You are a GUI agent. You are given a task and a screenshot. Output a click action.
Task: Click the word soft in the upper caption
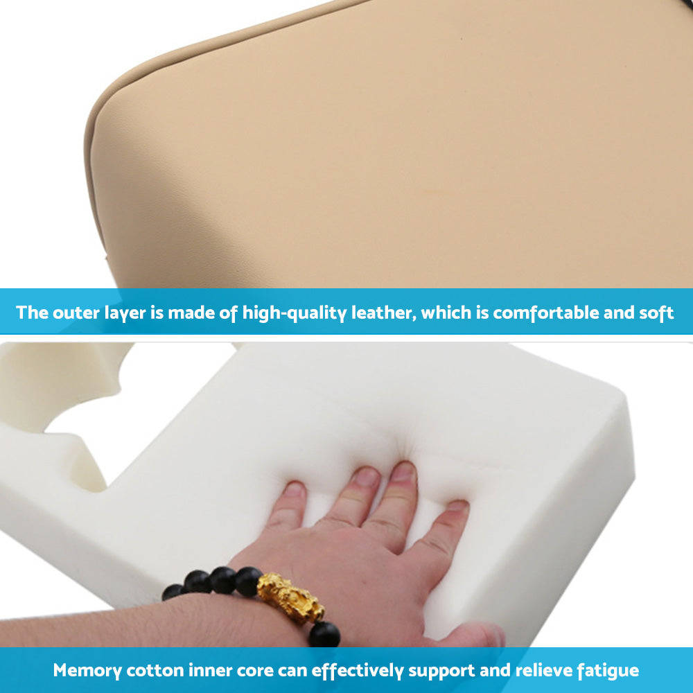pos(656,313)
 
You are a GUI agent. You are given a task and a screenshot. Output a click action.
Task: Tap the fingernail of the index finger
pos(365,477)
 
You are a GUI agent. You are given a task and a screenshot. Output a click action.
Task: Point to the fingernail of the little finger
pos(295,489)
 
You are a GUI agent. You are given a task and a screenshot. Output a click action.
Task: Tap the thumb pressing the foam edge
pos(478,635)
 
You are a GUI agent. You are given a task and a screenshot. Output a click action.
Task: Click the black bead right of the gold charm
pos(324,633)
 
